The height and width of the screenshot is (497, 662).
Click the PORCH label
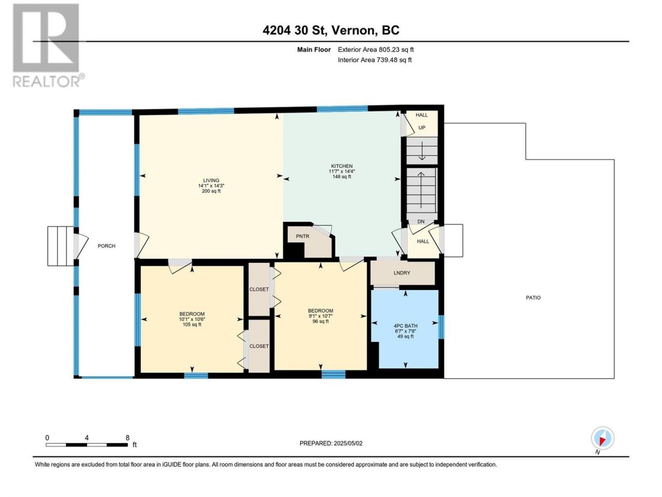[107, 246]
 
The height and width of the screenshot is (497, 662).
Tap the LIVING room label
[211, 181]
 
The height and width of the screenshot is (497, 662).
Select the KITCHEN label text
[342, 166]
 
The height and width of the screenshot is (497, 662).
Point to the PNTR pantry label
[303, 236]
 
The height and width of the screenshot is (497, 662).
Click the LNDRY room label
[402, 273]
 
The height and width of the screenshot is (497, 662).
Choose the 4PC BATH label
[405, 326]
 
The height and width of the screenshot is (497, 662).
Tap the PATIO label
[533, 298]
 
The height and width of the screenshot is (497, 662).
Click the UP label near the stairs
[422, 128]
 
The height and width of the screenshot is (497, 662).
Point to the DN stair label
[420, 222]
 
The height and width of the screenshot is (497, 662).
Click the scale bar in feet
[87, 445]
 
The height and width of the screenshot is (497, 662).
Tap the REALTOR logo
[48, 45]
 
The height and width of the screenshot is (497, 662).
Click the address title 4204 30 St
[295, 30]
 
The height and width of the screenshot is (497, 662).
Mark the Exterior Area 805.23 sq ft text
[376, 50]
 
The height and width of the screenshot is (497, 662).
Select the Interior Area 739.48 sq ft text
[374, 60]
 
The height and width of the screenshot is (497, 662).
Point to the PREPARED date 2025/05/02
[331, 443]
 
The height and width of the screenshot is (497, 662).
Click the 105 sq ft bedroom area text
[192, 325]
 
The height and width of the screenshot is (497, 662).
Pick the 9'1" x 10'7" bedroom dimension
[320, 316]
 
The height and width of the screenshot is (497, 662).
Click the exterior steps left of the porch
[61, 246]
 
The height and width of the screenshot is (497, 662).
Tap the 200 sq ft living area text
[211, 191]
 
